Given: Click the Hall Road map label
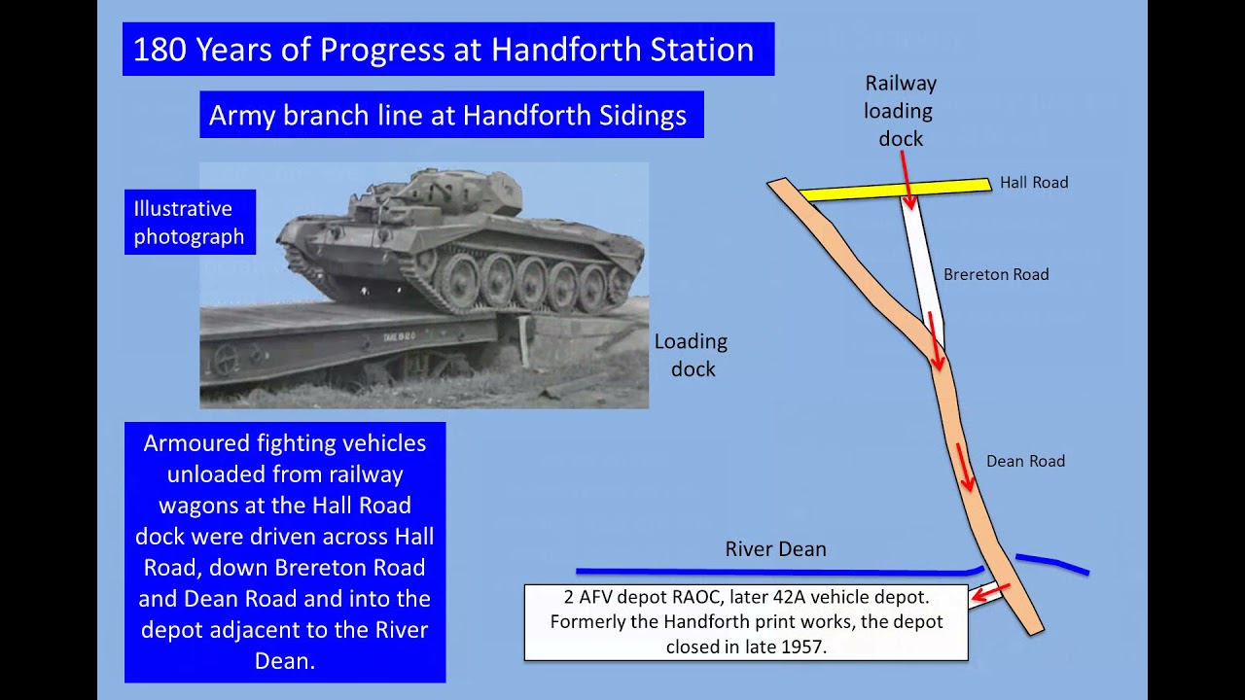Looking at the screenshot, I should [1033, 183].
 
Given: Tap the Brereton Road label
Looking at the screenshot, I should [996, 275].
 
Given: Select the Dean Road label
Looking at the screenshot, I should [1025, 462].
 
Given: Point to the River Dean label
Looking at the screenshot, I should [775, 549].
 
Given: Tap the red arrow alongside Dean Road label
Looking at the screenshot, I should [964, 468].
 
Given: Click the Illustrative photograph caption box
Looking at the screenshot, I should [190, 223].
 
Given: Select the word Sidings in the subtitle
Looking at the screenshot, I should [642, 116].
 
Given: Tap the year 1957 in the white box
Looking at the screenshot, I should [802, 646].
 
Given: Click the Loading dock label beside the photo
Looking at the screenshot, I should [692, 355].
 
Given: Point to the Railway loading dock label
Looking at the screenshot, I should [900, 111].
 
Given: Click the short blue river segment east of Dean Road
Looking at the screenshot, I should [1051, 563].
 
